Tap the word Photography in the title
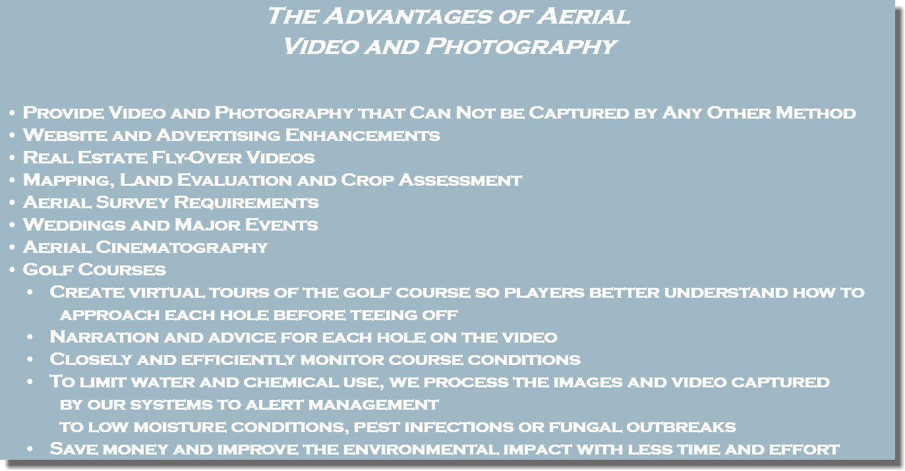(x=520, y=46)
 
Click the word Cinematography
(x=182, y=248)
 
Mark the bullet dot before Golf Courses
(x=13, y=271)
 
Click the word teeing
(x=381, y=315)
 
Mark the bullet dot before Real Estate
(x=13, y=159)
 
